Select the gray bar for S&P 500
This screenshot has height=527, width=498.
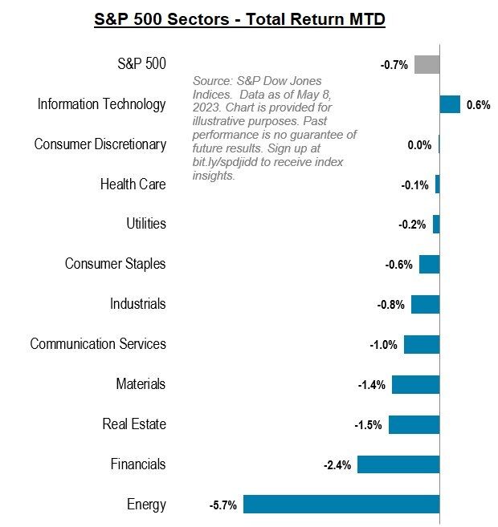[x=427, y=64]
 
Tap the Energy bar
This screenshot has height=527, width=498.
[x=341, y=504]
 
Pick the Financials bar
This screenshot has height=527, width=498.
[x=398, y=464]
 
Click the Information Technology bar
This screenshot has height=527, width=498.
[x=450, y=104]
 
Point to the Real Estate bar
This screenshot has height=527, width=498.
[x=414, y=424]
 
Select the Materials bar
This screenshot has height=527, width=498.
[x=415, y=384]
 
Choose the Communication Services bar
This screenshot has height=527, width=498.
[x=422, y=344]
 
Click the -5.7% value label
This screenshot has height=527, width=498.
[x=222, y=505]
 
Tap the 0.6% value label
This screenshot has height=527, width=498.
[x=478, y=105]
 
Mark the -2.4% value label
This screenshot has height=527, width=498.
[x=337, y=465]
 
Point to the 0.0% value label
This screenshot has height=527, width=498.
[x=419, y=145]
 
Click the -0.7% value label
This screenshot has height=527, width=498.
[x=394, y=65]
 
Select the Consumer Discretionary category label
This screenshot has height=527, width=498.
[x=100, y=144]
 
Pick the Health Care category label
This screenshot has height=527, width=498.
[x=133, y=184]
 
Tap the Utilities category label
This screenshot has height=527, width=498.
[x=146, y=224]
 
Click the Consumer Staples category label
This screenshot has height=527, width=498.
[x=116, y=264]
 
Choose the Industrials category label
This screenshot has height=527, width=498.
[x=138, y=304]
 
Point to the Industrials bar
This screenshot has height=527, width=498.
[x=425, y=304]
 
